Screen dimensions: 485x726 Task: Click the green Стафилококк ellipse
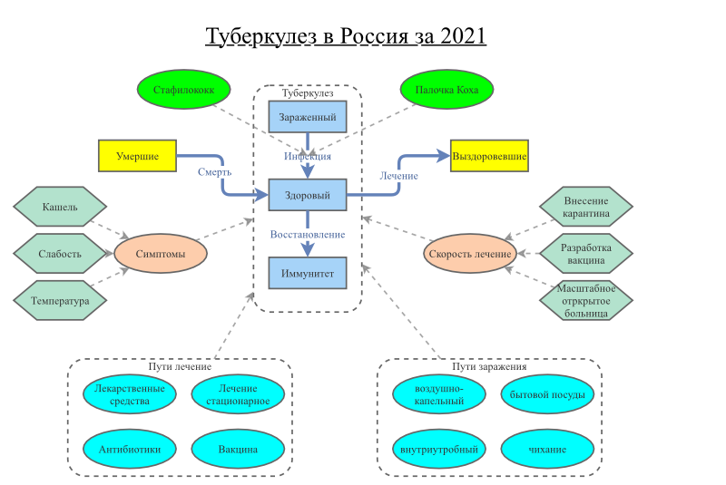pyautogui.click(x=183, y=91)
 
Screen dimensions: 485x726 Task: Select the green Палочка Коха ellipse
pyautogui.click(x=447, y=91)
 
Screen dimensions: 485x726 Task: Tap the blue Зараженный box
pyautogui.click(x=308, y=117)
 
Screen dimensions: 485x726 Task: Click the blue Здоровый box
pyautogui.click(x=308, y=195)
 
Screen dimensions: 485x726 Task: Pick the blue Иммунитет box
pyautogui.click(x=308, y=273)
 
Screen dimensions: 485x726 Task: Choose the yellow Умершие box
pyautogui.click(x=137, y=156)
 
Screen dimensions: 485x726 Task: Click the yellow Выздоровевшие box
pyautogui.click(x=489, y=156)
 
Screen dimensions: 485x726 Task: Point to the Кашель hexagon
pyautogui.click(x=60, y=207)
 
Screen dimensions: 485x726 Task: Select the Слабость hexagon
pyautogui.click(x=60, y=254)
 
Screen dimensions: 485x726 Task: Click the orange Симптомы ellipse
pyautogui.click(x=161, y=254)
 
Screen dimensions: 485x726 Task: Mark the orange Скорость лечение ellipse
pyautogui.click(x=470, y=254)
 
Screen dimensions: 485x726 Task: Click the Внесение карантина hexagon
pyautogui.click(x=585, y=207)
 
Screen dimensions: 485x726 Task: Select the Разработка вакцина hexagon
pyautogui.click(x=585, y=254)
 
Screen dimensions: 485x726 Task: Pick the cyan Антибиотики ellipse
pyautogui.click(x=130, y=449)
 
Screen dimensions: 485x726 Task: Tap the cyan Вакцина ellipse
pyautogui.click(x=238, y=449)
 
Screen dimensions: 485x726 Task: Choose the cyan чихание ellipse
pyautogui.click(x=547, y=449)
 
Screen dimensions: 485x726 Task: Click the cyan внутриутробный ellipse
pyautogui.click(x=439, y=449)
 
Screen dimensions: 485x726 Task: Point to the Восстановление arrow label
pyautogui.click(x=308, y=235)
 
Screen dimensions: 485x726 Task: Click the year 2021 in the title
pyautogui.click(x=463, y=36)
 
